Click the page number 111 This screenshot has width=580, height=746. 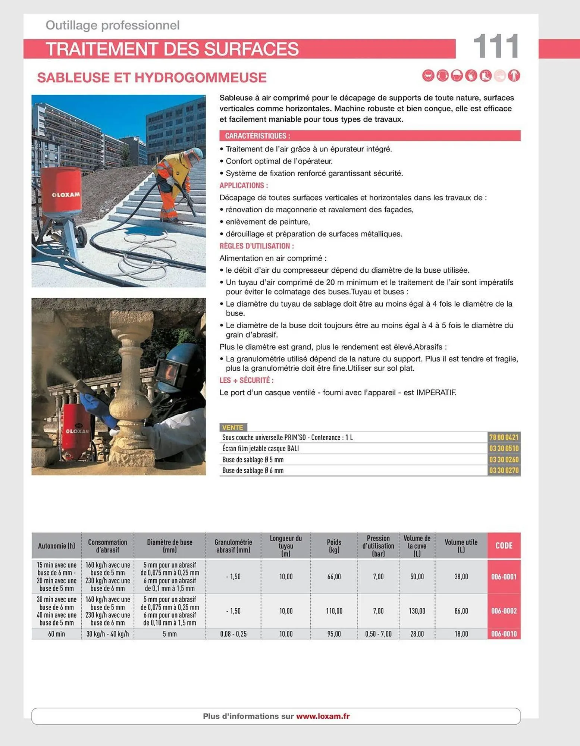click(x=496, y=47)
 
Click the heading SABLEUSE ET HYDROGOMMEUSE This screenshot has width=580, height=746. click(x=152, y=78)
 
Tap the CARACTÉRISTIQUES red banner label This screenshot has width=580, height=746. click(x=257, y=136)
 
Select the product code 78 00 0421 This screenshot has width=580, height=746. click(x=504, y=437)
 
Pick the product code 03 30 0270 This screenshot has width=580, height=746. click(x=504, y=470)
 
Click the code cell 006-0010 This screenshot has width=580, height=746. click(x=504, y=634)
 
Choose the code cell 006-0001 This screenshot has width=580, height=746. click(x=504, y=576)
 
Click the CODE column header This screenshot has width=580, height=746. click(x=504, y=545)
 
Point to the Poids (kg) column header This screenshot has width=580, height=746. click(x=334, y=546)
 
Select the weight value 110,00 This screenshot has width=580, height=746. click(x=334, y=611)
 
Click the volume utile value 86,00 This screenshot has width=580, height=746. click(x=461, y=611)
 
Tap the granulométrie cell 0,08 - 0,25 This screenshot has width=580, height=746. click(x=233, y=634)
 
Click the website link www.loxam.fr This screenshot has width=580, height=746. click(x=323, y=716)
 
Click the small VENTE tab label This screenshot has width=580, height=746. click(x=232, y=427)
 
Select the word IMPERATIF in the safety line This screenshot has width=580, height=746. click(x=436, y=392)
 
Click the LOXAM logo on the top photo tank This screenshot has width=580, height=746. click(x=66, y=194)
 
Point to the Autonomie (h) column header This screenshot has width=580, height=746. click(x=56, y=546)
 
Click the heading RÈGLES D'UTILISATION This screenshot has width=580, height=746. click(x=257, y=246)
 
